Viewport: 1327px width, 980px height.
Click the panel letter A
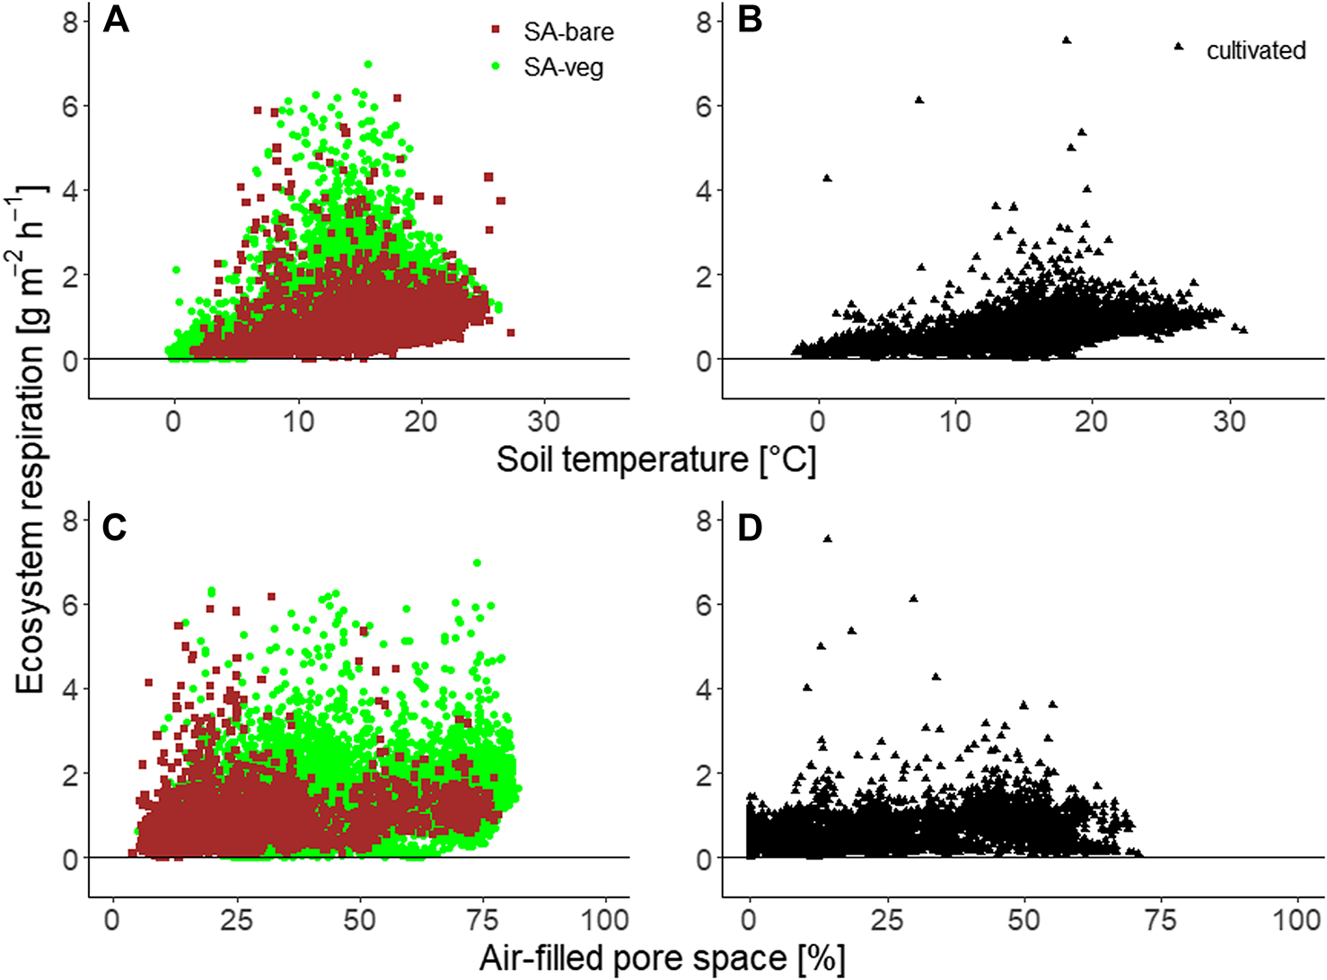pyautogui.click(x=116, y=20)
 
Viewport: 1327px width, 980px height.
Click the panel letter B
pyautogui.click(x=750, y=20)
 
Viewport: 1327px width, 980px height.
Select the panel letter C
pyautogui.click(x=115, y=528)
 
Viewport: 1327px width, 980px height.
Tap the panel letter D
pyautogui.click(x=750, y=528)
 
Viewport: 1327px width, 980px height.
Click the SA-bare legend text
pyautogui.click(x=568, y=31)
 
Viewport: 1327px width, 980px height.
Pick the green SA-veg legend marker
pyautogui.click(x=495, y=66)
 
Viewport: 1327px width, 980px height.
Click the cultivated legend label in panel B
pyautogui.click(x=1255, y=50)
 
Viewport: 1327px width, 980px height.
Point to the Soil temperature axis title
pyautogui.click(x=656, y=459)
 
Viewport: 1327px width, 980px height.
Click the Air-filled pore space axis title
pyautogui.click(x=662, y=958)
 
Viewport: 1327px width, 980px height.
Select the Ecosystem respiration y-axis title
pyautogui.click(x=31, y=440)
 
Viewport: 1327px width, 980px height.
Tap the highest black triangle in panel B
pyautogui.click(x=1067, y=40)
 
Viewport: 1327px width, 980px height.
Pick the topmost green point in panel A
pyautogui.click(x=368, y=65)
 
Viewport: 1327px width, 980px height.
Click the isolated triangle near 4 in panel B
pyautogui.click(x=827, y=178)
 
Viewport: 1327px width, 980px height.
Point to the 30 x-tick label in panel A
pyautogui.click(x=543, y=421)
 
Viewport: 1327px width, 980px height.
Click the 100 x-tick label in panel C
pyautogui.click(x=604, y=920)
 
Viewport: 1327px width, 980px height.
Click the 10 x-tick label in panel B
pyautogui.click(x=955, y=421)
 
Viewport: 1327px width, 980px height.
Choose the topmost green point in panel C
pyautogui.click(x=477, y=563)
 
